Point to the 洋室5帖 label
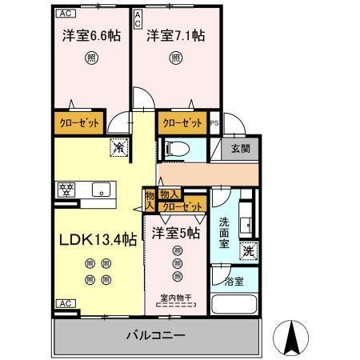click(x=177, y=233)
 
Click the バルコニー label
click(x=157, y=334)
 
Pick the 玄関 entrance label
click(x=242, y=149)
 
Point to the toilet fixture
click(x=176, y=148)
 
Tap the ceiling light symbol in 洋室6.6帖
click(x=91, y=58)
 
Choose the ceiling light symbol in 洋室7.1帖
click(x=174, y=58)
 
